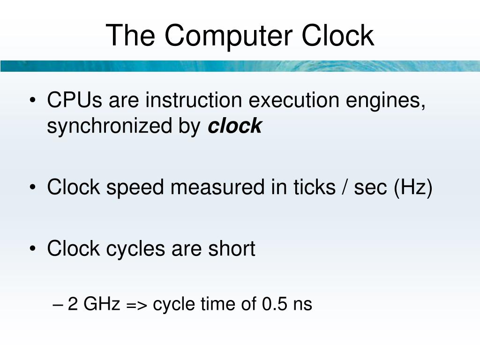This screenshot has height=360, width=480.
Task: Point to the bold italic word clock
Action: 234,126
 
